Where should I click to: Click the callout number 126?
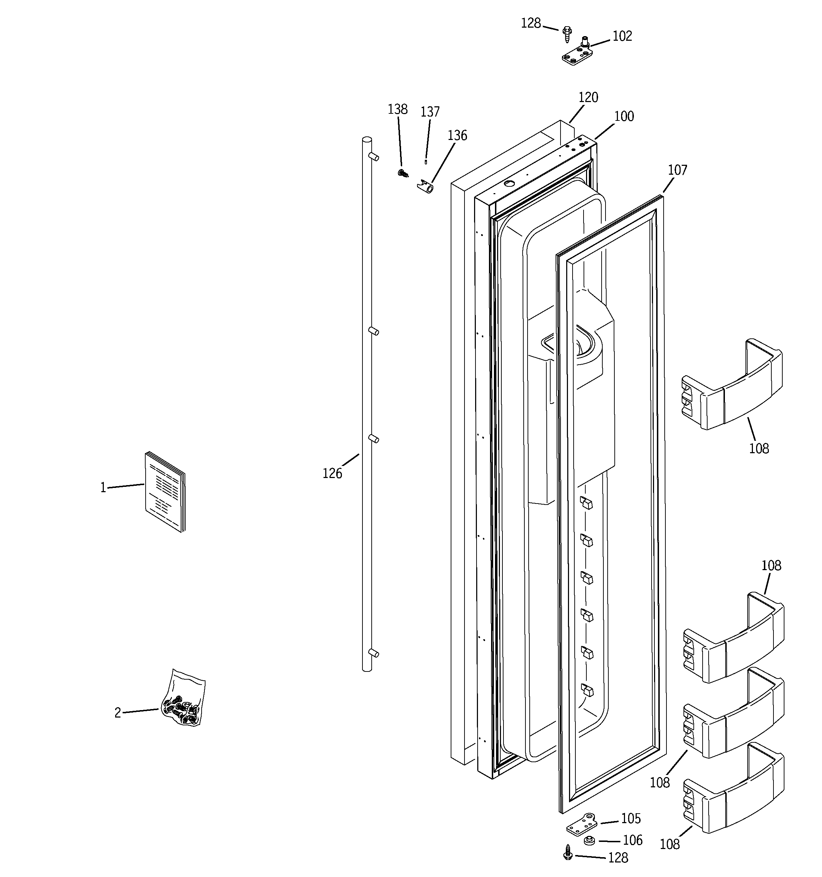(332, 474)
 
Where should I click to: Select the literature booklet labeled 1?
(165, 491)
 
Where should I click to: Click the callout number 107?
(677, 170)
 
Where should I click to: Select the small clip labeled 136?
(425, 187)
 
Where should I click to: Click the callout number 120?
(588, 97)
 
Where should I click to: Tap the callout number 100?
(624, 117)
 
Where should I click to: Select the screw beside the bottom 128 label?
(568, 853)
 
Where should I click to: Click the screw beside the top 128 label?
(567, 34)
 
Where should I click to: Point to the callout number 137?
(430, 112)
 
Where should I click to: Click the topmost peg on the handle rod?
(373, 156)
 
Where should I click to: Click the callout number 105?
(631, 819)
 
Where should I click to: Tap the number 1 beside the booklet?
(103, 488)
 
